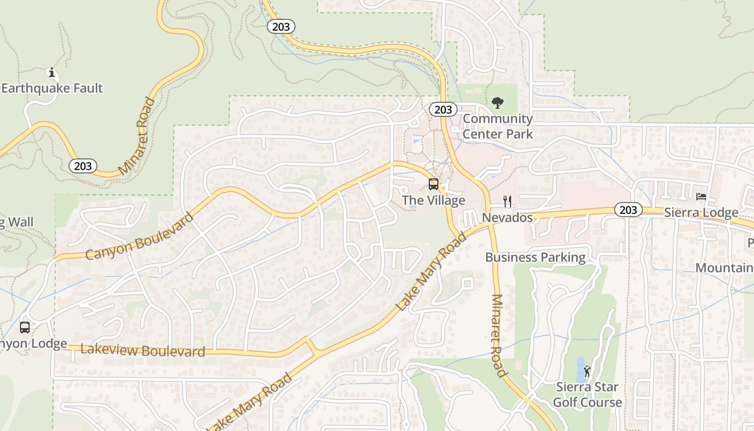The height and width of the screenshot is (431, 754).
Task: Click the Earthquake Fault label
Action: click(52, 88)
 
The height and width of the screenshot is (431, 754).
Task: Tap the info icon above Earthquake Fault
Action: click(52, 73)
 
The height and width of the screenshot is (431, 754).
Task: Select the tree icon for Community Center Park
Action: click(498, 102)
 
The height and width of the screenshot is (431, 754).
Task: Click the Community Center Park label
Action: click(498, 126)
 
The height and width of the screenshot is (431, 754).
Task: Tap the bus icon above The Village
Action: click(434, 184)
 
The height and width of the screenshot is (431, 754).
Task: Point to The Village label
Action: click(434, 200)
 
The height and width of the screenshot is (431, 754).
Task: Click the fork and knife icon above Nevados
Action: click(507, 201)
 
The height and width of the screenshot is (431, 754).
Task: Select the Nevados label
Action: click(507, 218)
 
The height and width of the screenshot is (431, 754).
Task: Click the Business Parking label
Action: click(535, 258)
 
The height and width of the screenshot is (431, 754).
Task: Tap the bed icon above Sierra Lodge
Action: click(701, 197)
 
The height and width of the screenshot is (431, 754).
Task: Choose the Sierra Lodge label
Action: click(701, 213)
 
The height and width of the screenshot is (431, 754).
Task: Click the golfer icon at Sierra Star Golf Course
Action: click(587, 371)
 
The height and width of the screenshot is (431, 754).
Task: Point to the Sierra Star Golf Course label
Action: click(587, 394)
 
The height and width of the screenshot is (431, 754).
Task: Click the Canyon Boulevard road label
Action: click(139, 237)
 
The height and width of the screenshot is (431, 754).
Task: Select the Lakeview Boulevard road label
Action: click(143, 351)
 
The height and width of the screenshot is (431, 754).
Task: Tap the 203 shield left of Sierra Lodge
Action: click(629, 210)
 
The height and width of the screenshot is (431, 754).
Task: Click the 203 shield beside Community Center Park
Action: click(443, 110)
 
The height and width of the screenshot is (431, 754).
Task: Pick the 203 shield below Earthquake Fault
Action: click(83, 166)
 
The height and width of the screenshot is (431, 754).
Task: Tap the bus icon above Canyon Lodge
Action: click(25, 328)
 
